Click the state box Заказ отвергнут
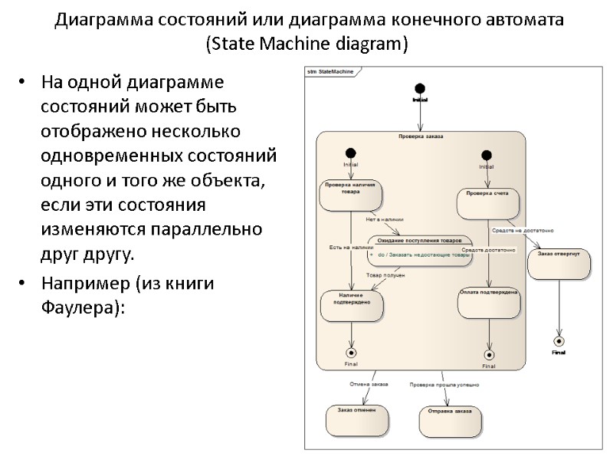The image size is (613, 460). [x=559, y=264]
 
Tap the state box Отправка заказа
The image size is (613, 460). [x=451, y=421]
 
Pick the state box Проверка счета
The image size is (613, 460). [x=488, y=203]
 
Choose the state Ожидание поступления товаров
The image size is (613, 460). [x=419, y=251]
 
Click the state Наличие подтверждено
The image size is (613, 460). [x=351, y=304]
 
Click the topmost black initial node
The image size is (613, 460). [x=420, y=88]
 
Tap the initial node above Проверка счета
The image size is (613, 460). [x=486, y=155]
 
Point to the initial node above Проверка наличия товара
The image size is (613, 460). [x=350, y=153]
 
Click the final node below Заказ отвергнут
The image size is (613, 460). [x=559, y=341]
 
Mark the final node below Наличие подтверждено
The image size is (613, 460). [x=351, y=353]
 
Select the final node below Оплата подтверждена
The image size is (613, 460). [x=489, y=354]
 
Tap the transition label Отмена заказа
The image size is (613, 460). [x=369, y=383]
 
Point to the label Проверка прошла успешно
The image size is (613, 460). [x=444, y=384]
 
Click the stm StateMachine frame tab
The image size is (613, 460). [x=330, y=71]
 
